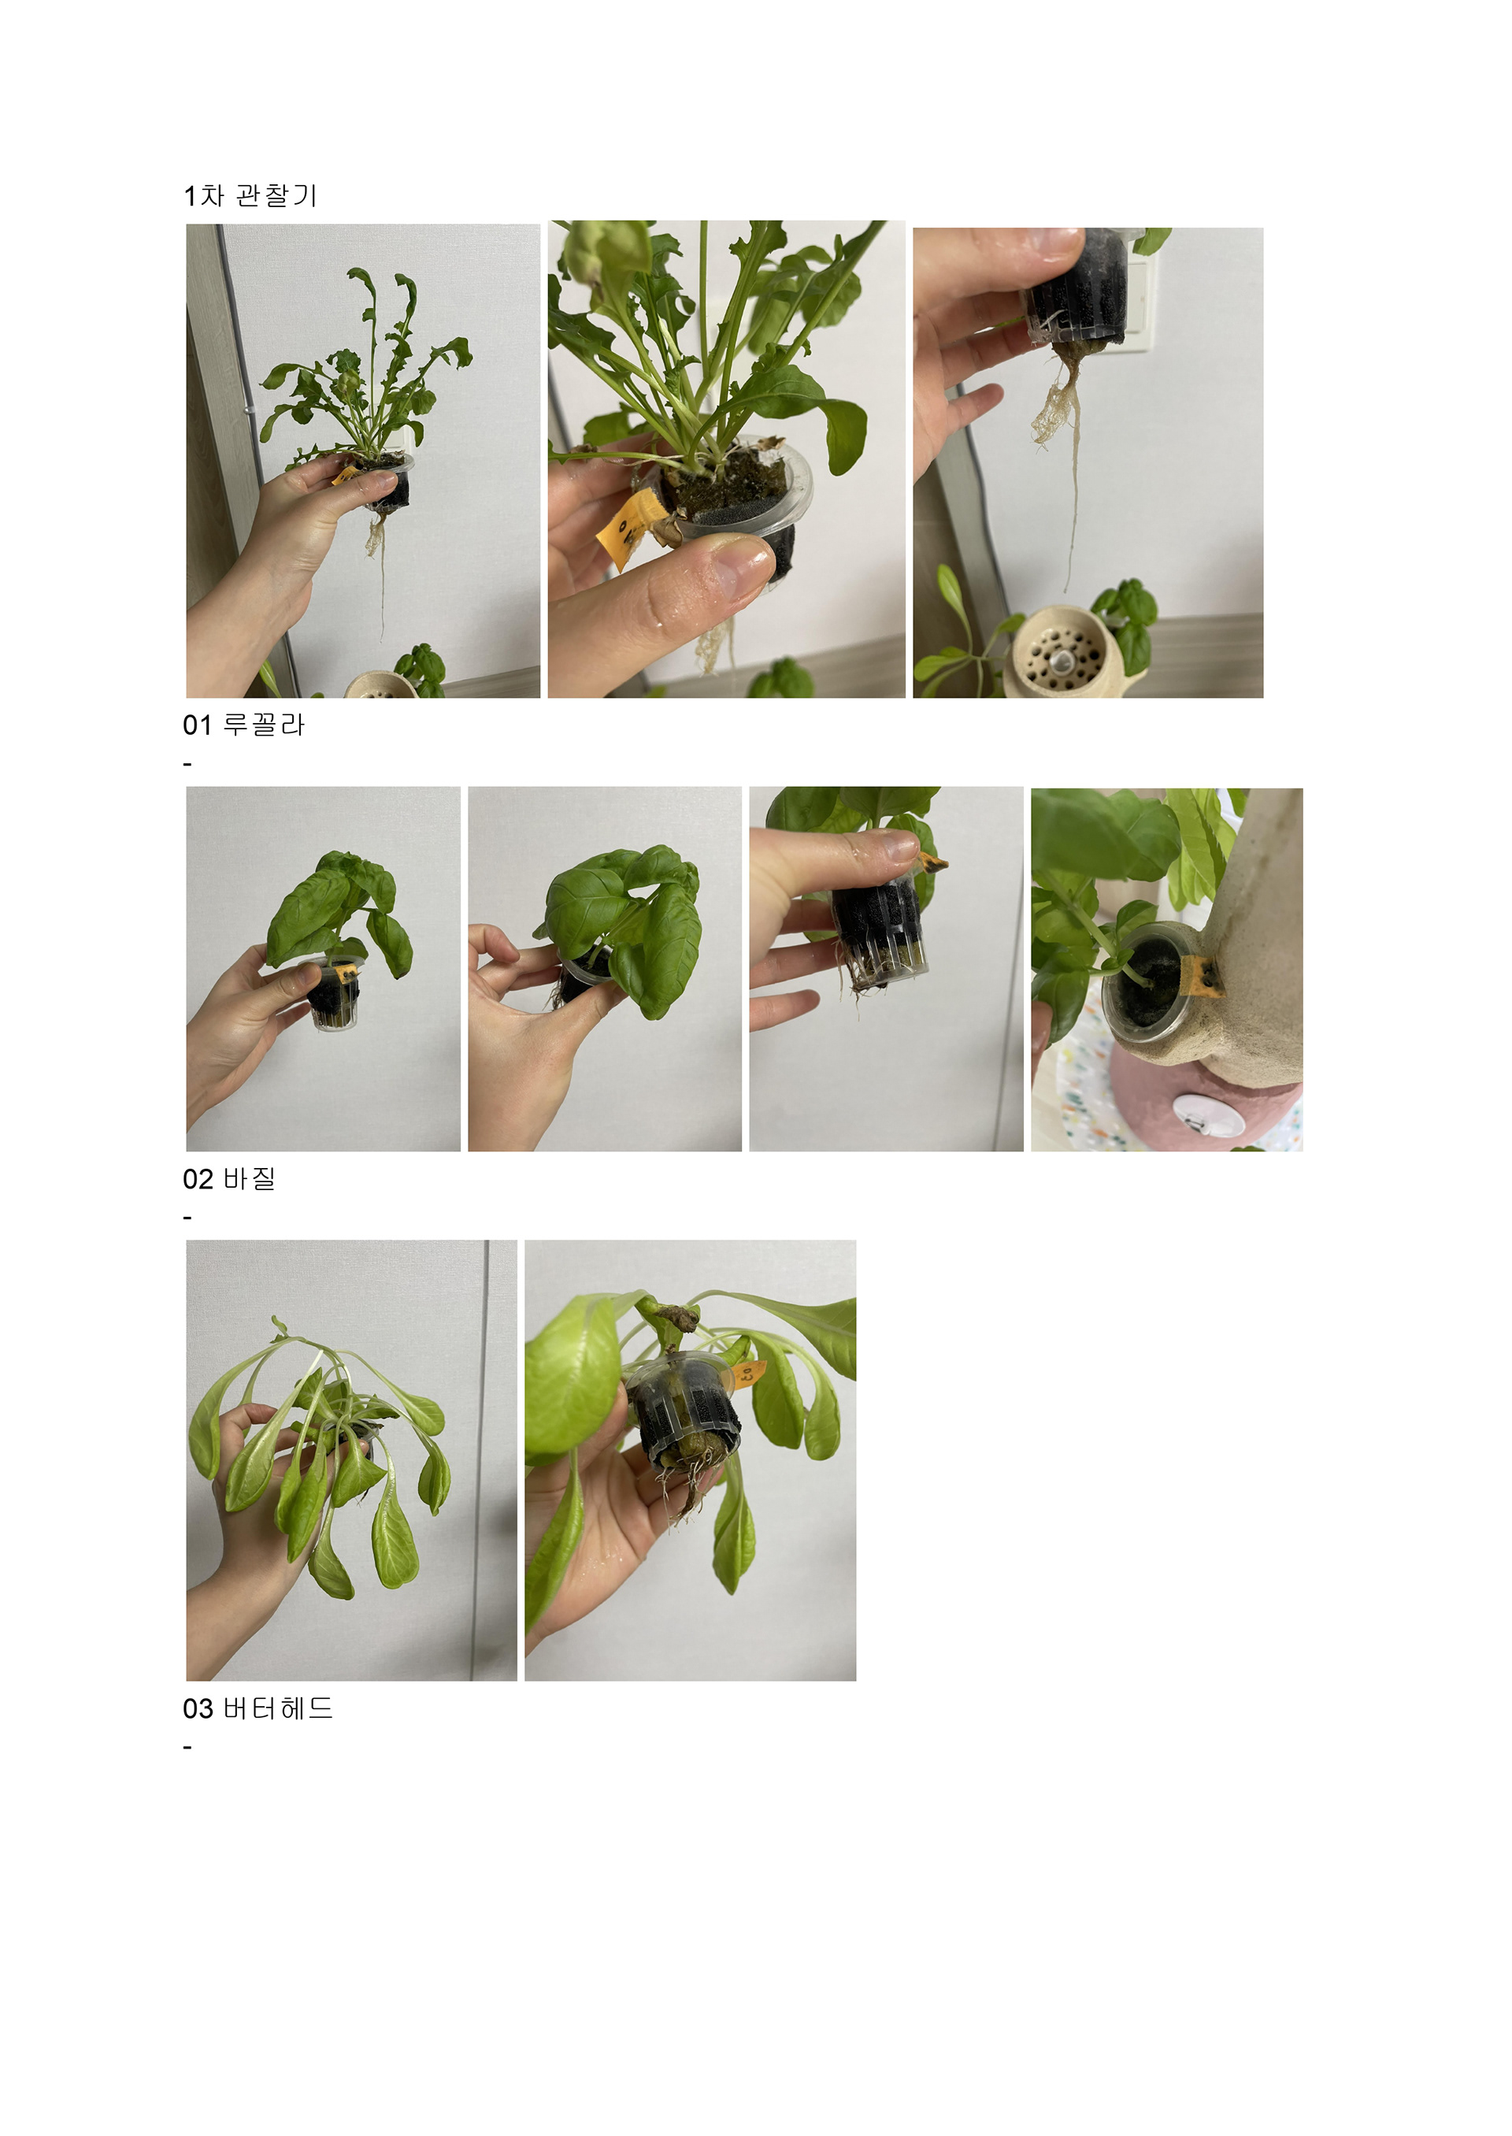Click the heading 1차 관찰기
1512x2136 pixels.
(250, 195)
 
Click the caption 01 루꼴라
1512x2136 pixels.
(244, 725)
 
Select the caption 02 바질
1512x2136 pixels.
(229, 1179)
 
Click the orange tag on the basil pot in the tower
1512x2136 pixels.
(1201, 975)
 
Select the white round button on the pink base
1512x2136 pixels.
(1195, 1114)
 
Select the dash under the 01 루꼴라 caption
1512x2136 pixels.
(188, 765)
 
